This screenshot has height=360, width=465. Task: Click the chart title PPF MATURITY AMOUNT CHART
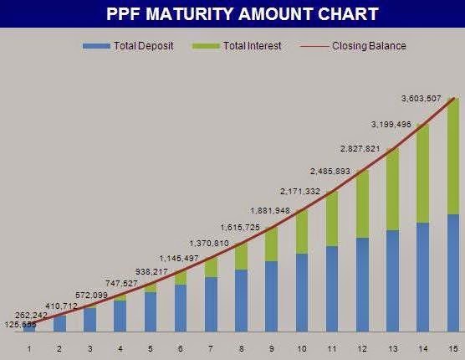click(x=243, y=14)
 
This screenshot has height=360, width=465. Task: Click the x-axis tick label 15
click(x=452, y=347)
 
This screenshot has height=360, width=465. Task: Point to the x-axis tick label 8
click(x=241, y=347)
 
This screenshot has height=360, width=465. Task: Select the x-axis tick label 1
click(x=29, y=347)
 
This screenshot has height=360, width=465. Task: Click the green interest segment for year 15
click(x=452, y=156)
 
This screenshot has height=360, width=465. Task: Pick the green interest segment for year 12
click(x=362, y=203)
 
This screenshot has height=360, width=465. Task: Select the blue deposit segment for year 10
click(x=302, y=292)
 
